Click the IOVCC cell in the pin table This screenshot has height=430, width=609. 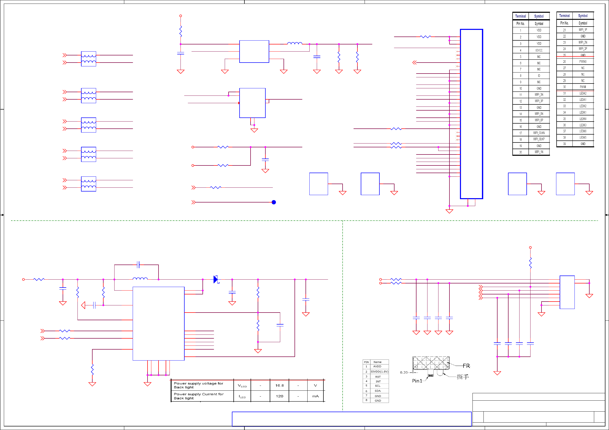pyautogui.click(x=539, y=50)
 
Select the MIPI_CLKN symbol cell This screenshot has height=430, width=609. pyautogui.click(x=539, y=133)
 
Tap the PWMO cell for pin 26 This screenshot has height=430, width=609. pyautogui.click(x=583, y=62)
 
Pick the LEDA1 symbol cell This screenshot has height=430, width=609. pyautogui.click(x=583, y=100)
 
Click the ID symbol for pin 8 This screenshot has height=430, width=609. pyautogui.click(x=539, y=76)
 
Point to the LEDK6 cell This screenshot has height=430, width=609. pyautogui.click(x=583, y=131)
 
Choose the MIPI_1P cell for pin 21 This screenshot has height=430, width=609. pyautogui.click(x=583, y=30)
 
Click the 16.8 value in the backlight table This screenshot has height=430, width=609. pyautogui.click(x=279, y=386)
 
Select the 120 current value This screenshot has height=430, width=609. pyautogui.click(x=279, y=396)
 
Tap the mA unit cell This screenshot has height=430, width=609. pyautogui.click(x=315, y=396)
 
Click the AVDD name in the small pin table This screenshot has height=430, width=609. pyautogui.click(x=377, y=366)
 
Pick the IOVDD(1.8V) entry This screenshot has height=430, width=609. pyautogui.click(x=379, y=372)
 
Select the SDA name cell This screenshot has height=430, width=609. pyautogui.click(x=377, y=391)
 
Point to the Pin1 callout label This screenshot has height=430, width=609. pyautogui.click(x=417, y=381)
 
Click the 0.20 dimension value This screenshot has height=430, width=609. pyautogui.click(x=404, y=372)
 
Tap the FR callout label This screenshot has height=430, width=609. pyautogui.click(x=466, y=366)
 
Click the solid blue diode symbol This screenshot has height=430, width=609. pyautogui.click(x=216, y=279)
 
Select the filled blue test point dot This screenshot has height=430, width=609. pyautogui.click(x=274, y=202)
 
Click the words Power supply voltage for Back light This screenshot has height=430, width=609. pyautogui.click(x=198, y=385)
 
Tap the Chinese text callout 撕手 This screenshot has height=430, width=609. pyautogui.click(x=463, y=377)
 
